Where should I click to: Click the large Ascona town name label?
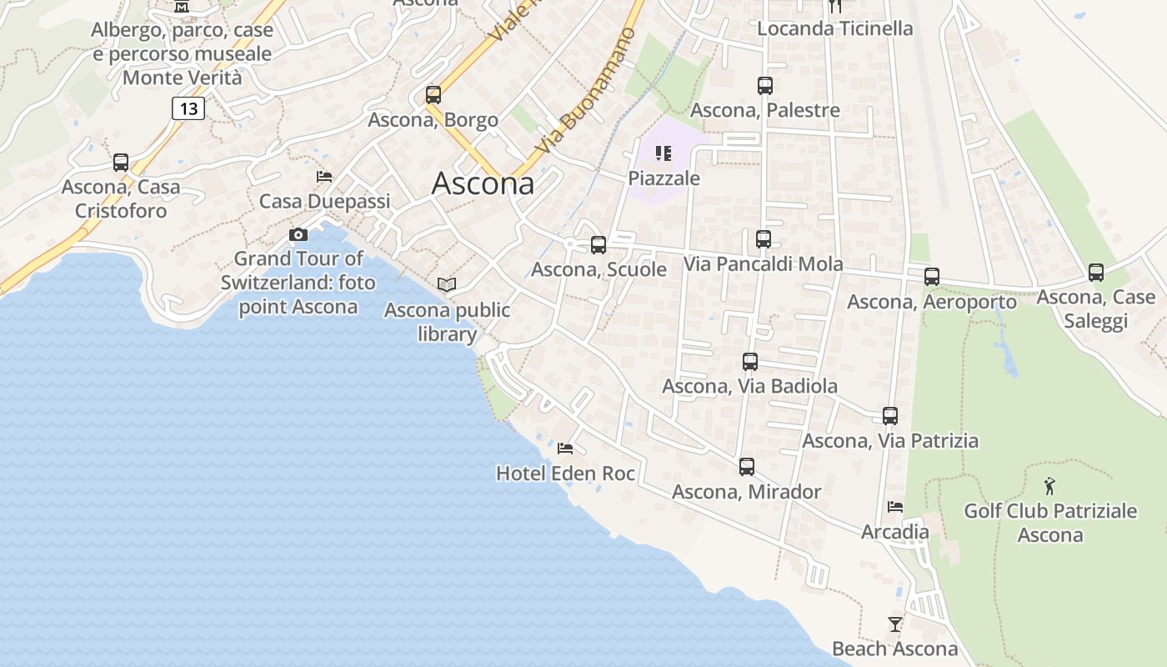[483, 183]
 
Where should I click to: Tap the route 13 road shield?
[188, 108]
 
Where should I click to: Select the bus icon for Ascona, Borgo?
[433, 94]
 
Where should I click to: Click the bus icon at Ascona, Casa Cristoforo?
[121, 162]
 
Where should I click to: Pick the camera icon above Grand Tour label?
[298, 234]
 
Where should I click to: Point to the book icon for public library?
[447, 285]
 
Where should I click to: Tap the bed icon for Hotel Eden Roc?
[565, 449]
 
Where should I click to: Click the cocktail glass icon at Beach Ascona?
[894, 624]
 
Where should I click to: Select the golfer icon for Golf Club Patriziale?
[1049, 485]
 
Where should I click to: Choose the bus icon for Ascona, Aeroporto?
[932, 276]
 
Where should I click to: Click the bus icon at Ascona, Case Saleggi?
[1096, 272]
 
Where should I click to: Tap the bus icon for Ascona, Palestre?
[765, 85]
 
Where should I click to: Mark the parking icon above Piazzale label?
[664, 153]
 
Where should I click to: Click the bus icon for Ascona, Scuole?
[599, 244]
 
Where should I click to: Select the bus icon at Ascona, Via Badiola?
[750, 361]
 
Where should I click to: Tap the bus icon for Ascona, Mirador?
[747, 466]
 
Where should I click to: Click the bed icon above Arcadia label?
[895, 506]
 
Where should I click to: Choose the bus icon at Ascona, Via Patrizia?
[890, 415]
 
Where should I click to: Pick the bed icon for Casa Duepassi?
[324, 176]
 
